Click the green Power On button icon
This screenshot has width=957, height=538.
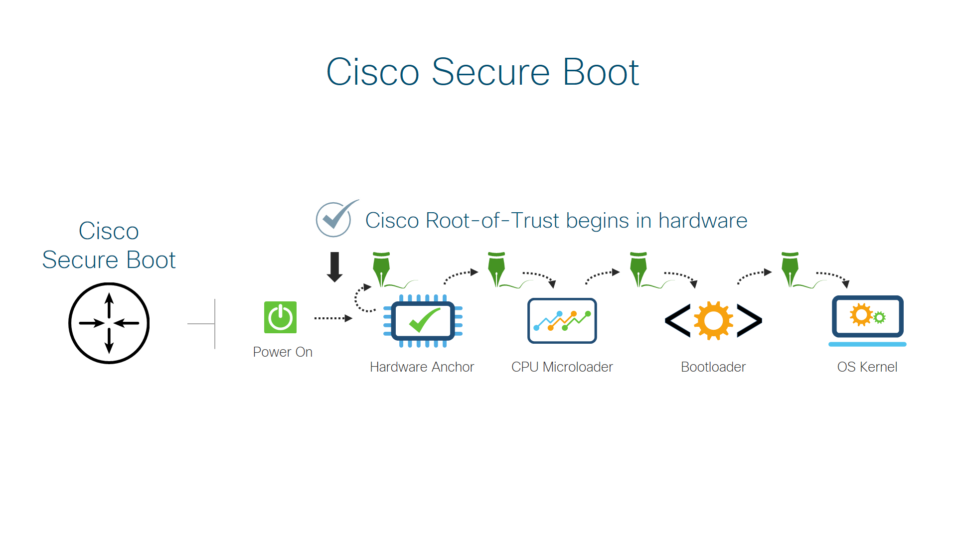tap(280, 317)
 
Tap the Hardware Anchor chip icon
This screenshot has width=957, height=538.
tap(423, 321)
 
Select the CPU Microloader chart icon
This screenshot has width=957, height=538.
tap(562, 321)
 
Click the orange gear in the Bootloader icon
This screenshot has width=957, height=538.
tap(713, 320)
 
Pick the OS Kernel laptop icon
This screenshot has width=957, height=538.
tap(867, 320)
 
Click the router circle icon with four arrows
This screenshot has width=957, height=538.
tap(109, 323)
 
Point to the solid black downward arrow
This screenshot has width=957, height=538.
tap(334, 267)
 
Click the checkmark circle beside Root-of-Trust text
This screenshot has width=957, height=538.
tap(334, 219)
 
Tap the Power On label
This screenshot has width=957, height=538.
tap(283, 352)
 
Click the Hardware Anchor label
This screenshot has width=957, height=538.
tap(422, 367)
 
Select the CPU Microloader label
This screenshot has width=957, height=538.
tap(562, 367)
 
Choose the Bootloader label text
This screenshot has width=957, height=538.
tap(713, 367)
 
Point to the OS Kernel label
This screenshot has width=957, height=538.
tap(867, 367)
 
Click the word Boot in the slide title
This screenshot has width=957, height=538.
tap(601, 72)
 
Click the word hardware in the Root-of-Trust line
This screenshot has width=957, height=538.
tap(703, 221)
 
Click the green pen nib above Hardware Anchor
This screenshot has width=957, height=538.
tap(381, 269)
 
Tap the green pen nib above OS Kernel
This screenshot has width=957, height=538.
tap(790, 269)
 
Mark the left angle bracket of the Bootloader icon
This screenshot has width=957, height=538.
tap(677, 320)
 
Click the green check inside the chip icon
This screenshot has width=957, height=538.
tap(424, 320)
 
